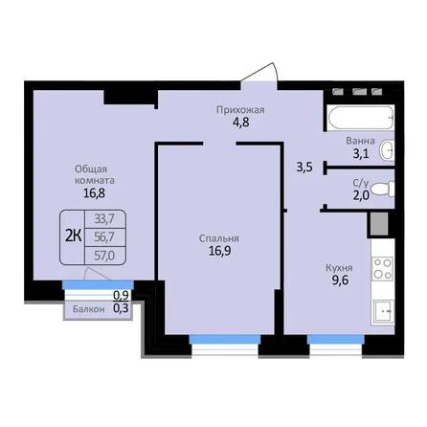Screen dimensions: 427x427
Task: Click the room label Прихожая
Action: (x=240, y=110)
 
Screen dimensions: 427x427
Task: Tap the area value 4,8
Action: (x=240, y=123)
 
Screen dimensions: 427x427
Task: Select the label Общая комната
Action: (x=96, y=173)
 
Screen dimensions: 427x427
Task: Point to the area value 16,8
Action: (x=95, y=191)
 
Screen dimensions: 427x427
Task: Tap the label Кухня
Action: (x=338, y=269)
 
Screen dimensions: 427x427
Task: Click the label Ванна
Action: (x=361, y=140)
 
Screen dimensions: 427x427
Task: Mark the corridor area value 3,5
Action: (x=303, y=167)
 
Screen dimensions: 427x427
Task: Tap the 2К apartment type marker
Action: (x=72, y=234)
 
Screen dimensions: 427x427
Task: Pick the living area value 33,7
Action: (x=101, y=218)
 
